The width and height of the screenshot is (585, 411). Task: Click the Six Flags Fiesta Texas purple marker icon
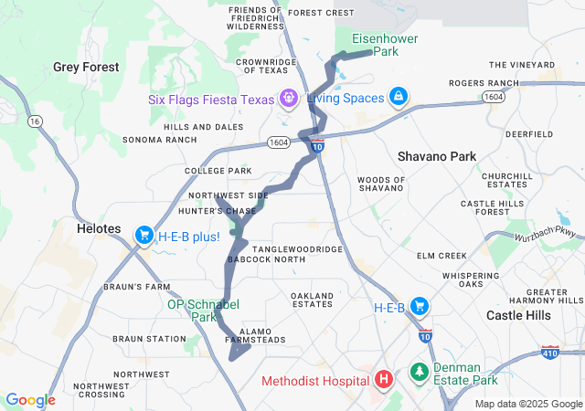[288, 97]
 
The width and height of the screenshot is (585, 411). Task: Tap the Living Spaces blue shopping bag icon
[398, 96]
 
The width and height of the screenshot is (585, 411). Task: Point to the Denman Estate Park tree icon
[419, 372]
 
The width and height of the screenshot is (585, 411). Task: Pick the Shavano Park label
[437, 156]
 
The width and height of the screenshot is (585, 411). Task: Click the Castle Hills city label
[518, 315]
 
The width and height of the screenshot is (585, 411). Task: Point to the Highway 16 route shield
[36, 121]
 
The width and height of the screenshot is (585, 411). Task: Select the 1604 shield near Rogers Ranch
[494, 97]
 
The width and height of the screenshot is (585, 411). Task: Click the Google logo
[30, 400]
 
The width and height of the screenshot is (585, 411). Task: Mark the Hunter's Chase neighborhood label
[223, 211]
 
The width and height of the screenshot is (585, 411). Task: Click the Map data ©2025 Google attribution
[527, 404]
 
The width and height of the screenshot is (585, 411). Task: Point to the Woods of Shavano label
[380, 184]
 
